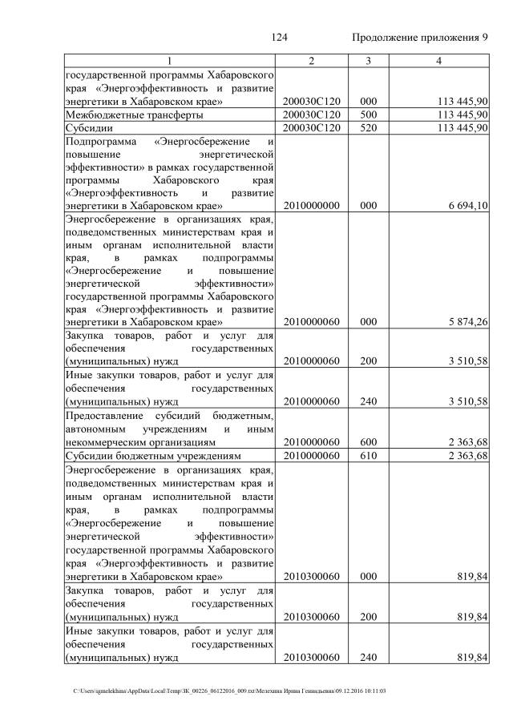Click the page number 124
pos(280,38)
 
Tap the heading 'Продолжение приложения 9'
pos(420,38)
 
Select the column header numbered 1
pos(169,61)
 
